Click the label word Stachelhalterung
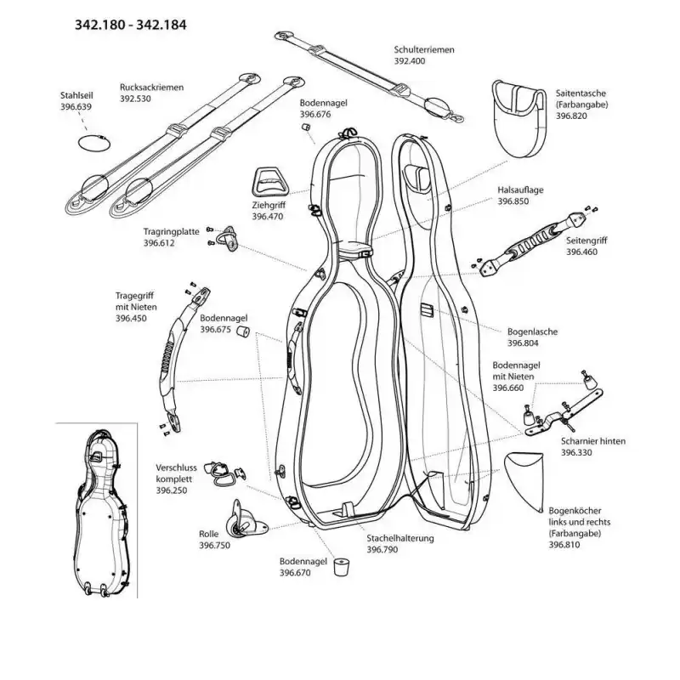400,539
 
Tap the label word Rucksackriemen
152,87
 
